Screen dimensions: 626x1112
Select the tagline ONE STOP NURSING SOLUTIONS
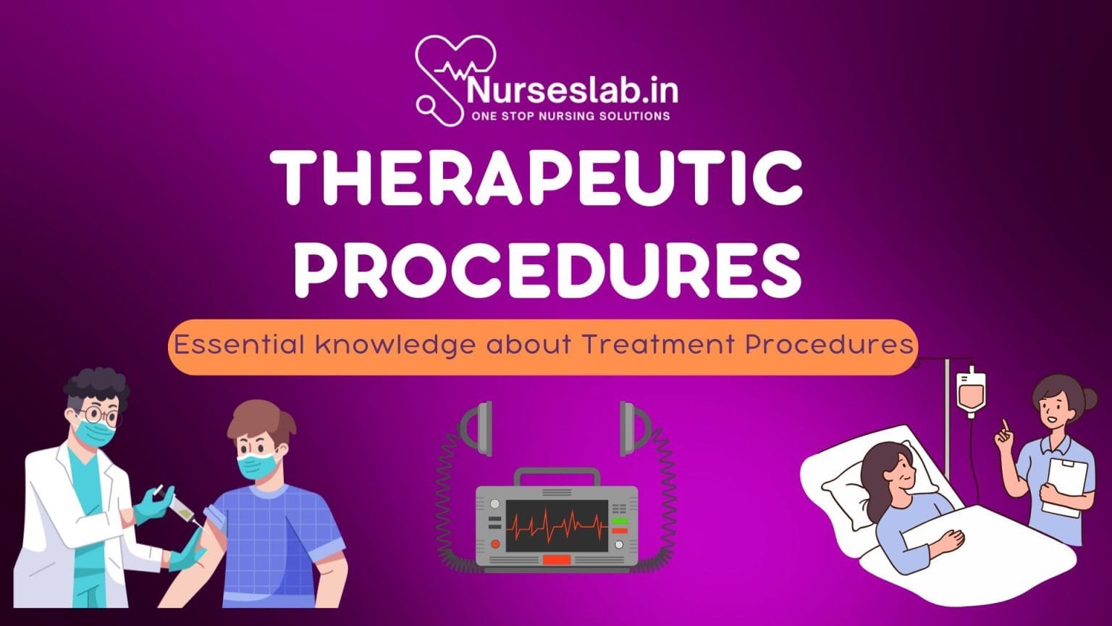tap(570, 116)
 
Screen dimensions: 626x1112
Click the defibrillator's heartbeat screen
tap(557, 525)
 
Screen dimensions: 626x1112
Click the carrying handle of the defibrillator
tap(557, 476)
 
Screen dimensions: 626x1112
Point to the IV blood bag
tap(970, 391)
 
